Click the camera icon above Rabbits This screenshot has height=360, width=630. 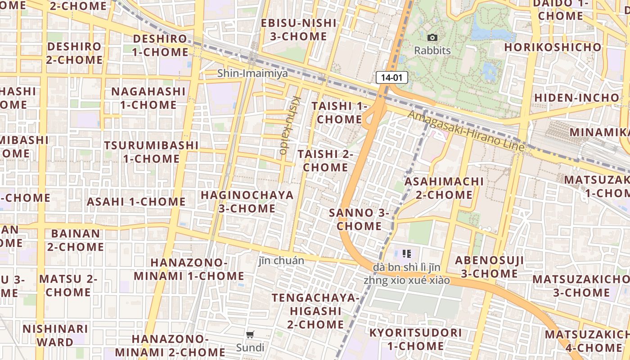(x=432, y=37)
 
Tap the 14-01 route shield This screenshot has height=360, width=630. (x=391, y=77)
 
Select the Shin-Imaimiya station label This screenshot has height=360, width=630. (x=252, y=73)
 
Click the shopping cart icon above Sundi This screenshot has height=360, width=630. (x=250, y=334)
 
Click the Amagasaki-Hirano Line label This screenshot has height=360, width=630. (x=466, y=130)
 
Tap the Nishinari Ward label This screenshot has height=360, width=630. (x=55, y=335)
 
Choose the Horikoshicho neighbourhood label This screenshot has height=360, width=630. (x=553, y=47)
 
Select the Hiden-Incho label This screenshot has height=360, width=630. (x=576, y=98)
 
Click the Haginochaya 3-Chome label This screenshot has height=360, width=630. (x=247, y=202)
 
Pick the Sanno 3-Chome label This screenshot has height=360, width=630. (x=359, y=219)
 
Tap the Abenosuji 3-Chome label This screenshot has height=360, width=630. (x=489, y=267)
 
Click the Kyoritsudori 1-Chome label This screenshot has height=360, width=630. (x=415, y=339)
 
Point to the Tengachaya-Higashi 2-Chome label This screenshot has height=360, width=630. (x=316, y=311)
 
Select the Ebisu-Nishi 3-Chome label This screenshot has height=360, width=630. (x=299, y=30)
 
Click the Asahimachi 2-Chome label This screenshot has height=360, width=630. (x=444, y=188)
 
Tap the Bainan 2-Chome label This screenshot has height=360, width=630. (x=76, y=240)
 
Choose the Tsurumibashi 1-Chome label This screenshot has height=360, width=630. (x=151, y=152)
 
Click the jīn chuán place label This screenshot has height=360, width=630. (x=281, y=261)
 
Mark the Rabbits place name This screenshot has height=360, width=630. (x=432, y=50)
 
